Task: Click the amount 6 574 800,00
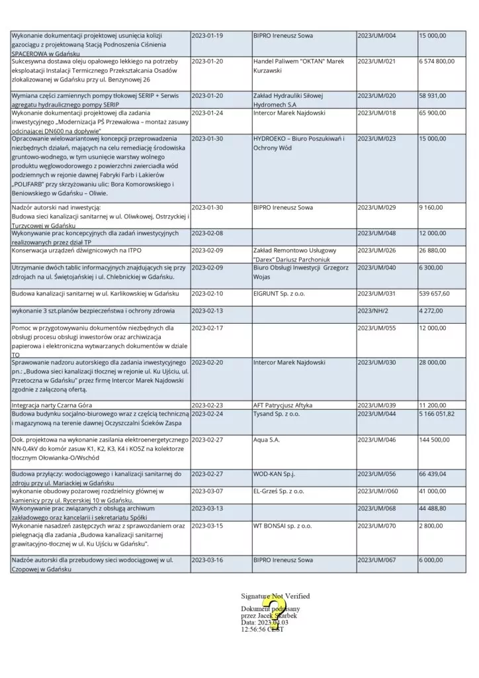(437, 61)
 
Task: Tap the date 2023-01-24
(207, 113)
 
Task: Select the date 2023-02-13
(207, 311)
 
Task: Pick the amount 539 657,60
(434, 293)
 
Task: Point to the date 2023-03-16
(207, 559)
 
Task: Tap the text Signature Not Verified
(275, 596)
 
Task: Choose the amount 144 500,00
(434, 438)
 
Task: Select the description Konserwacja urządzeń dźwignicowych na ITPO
(77, 250)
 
